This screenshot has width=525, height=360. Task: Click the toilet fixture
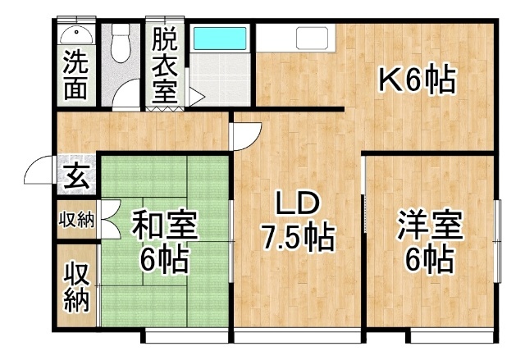(121, 43)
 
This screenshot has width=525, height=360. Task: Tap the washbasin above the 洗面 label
(76, 35)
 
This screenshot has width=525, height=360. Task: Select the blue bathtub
(220, 39)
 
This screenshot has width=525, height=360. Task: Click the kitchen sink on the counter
(312, 38)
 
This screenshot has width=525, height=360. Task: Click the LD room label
(296, 204)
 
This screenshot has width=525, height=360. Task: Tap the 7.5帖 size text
(298, 238)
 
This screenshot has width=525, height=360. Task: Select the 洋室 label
(430, 225)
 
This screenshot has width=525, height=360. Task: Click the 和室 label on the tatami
(164, 225)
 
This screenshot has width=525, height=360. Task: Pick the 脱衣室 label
(164, 66)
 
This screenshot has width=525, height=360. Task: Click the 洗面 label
(75, 75)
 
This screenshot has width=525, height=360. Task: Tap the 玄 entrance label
(76, 176)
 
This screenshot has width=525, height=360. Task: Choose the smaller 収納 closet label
(76, 220)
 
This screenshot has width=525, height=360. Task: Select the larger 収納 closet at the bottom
(77, 287)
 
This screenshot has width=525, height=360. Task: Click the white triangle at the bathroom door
(197, 97)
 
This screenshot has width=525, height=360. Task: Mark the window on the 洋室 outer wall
(498, 241)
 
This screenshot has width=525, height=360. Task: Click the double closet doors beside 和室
(110, 220)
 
